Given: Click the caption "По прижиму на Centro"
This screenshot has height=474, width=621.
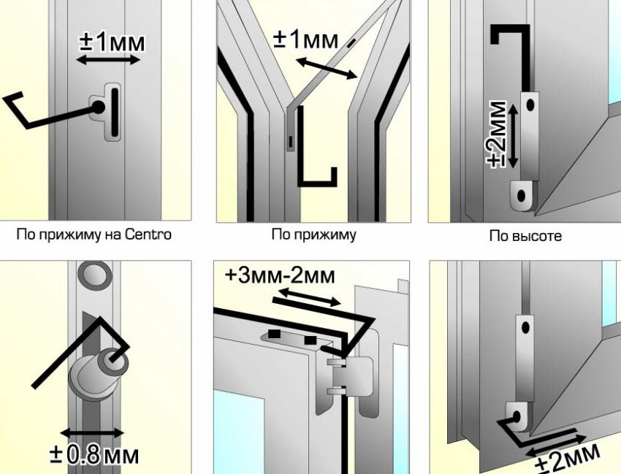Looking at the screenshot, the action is pyautogui.click(x=94, y=234).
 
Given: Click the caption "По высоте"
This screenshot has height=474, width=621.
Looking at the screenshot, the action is pyautogui.click(x=525, y=236).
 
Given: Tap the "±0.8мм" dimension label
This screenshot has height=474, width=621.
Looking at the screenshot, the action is pyautogui.click(x=95, y=455).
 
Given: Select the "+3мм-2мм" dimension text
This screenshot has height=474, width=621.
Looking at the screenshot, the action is pyautogui.click(x=280, y=276).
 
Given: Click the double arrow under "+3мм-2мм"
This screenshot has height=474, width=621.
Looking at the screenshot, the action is pyautogui.click(x=309, y=297).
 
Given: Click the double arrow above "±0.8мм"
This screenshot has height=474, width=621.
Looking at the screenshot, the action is pyautogui.click(x=92, y=432).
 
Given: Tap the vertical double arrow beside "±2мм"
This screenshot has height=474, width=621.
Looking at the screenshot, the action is pyautogui.click(x=512, y=135).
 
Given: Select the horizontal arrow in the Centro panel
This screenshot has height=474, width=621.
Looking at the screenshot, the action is pyautogui.click(x=108, y=60).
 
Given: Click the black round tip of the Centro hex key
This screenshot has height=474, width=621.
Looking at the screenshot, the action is pyautogui.click(x=98, y=107).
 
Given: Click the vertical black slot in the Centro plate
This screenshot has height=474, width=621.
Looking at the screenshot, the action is pyautogui.click(x=115, y=112).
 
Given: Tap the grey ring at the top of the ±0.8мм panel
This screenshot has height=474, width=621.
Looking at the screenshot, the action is pyautogui.click(x=94, y=274).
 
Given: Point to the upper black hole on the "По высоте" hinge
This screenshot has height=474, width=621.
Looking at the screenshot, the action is pyautogui.click(x=530, y=105).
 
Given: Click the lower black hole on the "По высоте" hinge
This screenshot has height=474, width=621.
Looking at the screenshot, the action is pyautogui.click(x=522, y=196).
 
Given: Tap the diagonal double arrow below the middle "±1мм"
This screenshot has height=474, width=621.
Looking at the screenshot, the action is pyautogui.click(x=327, y=68).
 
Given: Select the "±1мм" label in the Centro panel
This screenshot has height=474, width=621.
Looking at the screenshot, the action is pyautogui.click(x=112, y=42).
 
